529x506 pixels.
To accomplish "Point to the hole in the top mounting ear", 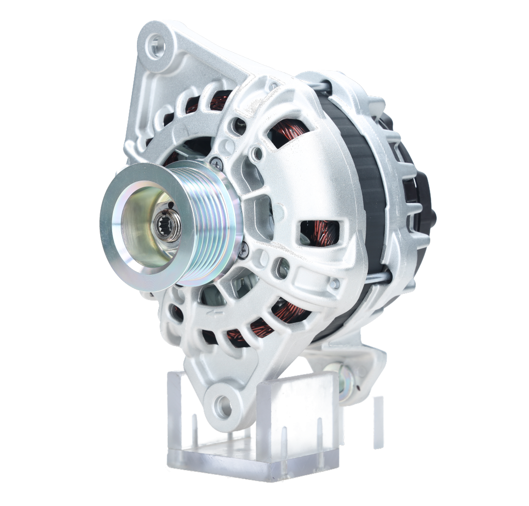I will pos(155,47).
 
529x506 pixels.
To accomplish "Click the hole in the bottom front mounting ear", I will pos(222,404).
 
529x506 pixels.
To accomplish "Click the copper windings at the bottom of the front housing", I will pos(248,331).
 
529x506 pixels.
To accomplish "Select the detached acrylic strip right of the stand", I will pos(379,422).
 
